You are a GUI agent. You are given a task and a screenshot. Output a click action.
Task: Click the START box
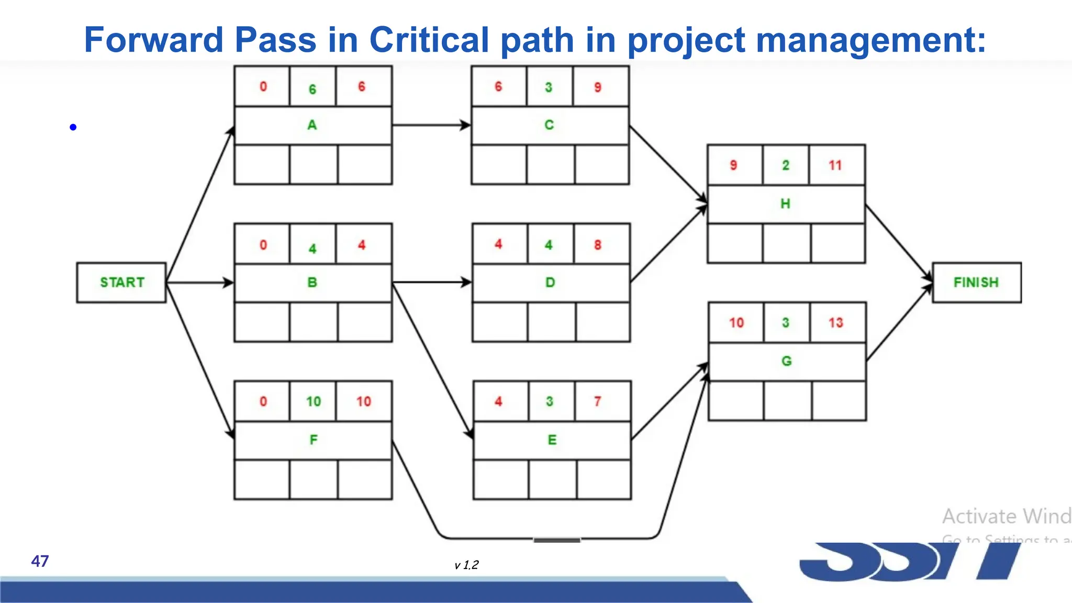click(x=121, y=283)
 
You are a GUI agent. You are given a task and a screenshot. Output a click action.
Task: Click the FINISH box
click(x=976, y=283)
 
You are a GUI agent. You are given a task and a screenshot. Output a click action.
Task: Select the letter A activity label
click(x=312, y=125)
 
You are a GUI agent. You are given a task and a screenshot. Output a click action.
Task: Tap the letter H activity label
click(x=785, y=204)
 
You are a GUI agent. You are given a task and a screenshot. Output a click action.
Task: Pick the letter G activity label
click(x=786, y=361)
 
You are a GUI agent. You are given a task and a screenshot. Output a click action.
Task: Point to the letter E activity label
click(x=552, y=440)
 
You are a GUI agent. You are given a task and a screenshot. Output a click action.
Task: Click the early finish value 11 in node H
click(x=835, y=165)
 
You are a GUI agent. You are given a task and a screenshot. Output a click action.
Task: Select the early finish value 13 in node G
click(x=836, y=323)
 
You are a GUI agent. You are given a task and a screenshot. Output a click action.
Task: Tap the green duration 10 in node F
click(x=313, y=401)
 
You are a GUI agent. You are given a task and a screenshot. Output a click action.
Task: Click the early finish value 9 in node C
click(x=598, y=87)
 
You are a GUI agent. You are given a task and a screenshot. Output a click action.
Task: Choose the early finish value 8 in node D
click(x=598, y=245)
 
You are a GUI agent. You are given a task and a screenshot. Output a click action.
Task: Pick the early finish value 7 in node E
click(x=598, y=401)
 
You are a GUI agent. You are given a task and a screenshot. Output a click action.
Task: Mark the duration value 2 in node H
click(x=786, y=165)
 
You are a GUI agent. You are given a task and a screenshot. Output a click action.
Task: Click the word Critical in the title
click(x=429, y=40)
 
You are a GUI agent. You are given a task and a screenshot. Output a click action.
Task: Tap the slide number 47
click(x=40, y=561)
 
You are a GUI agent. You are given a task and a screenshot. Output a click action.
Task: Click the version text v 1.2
click(x=466, y=565)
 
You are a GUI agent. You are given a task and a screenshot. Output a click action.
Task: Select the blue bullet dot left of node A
click(x=73, y=127)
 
